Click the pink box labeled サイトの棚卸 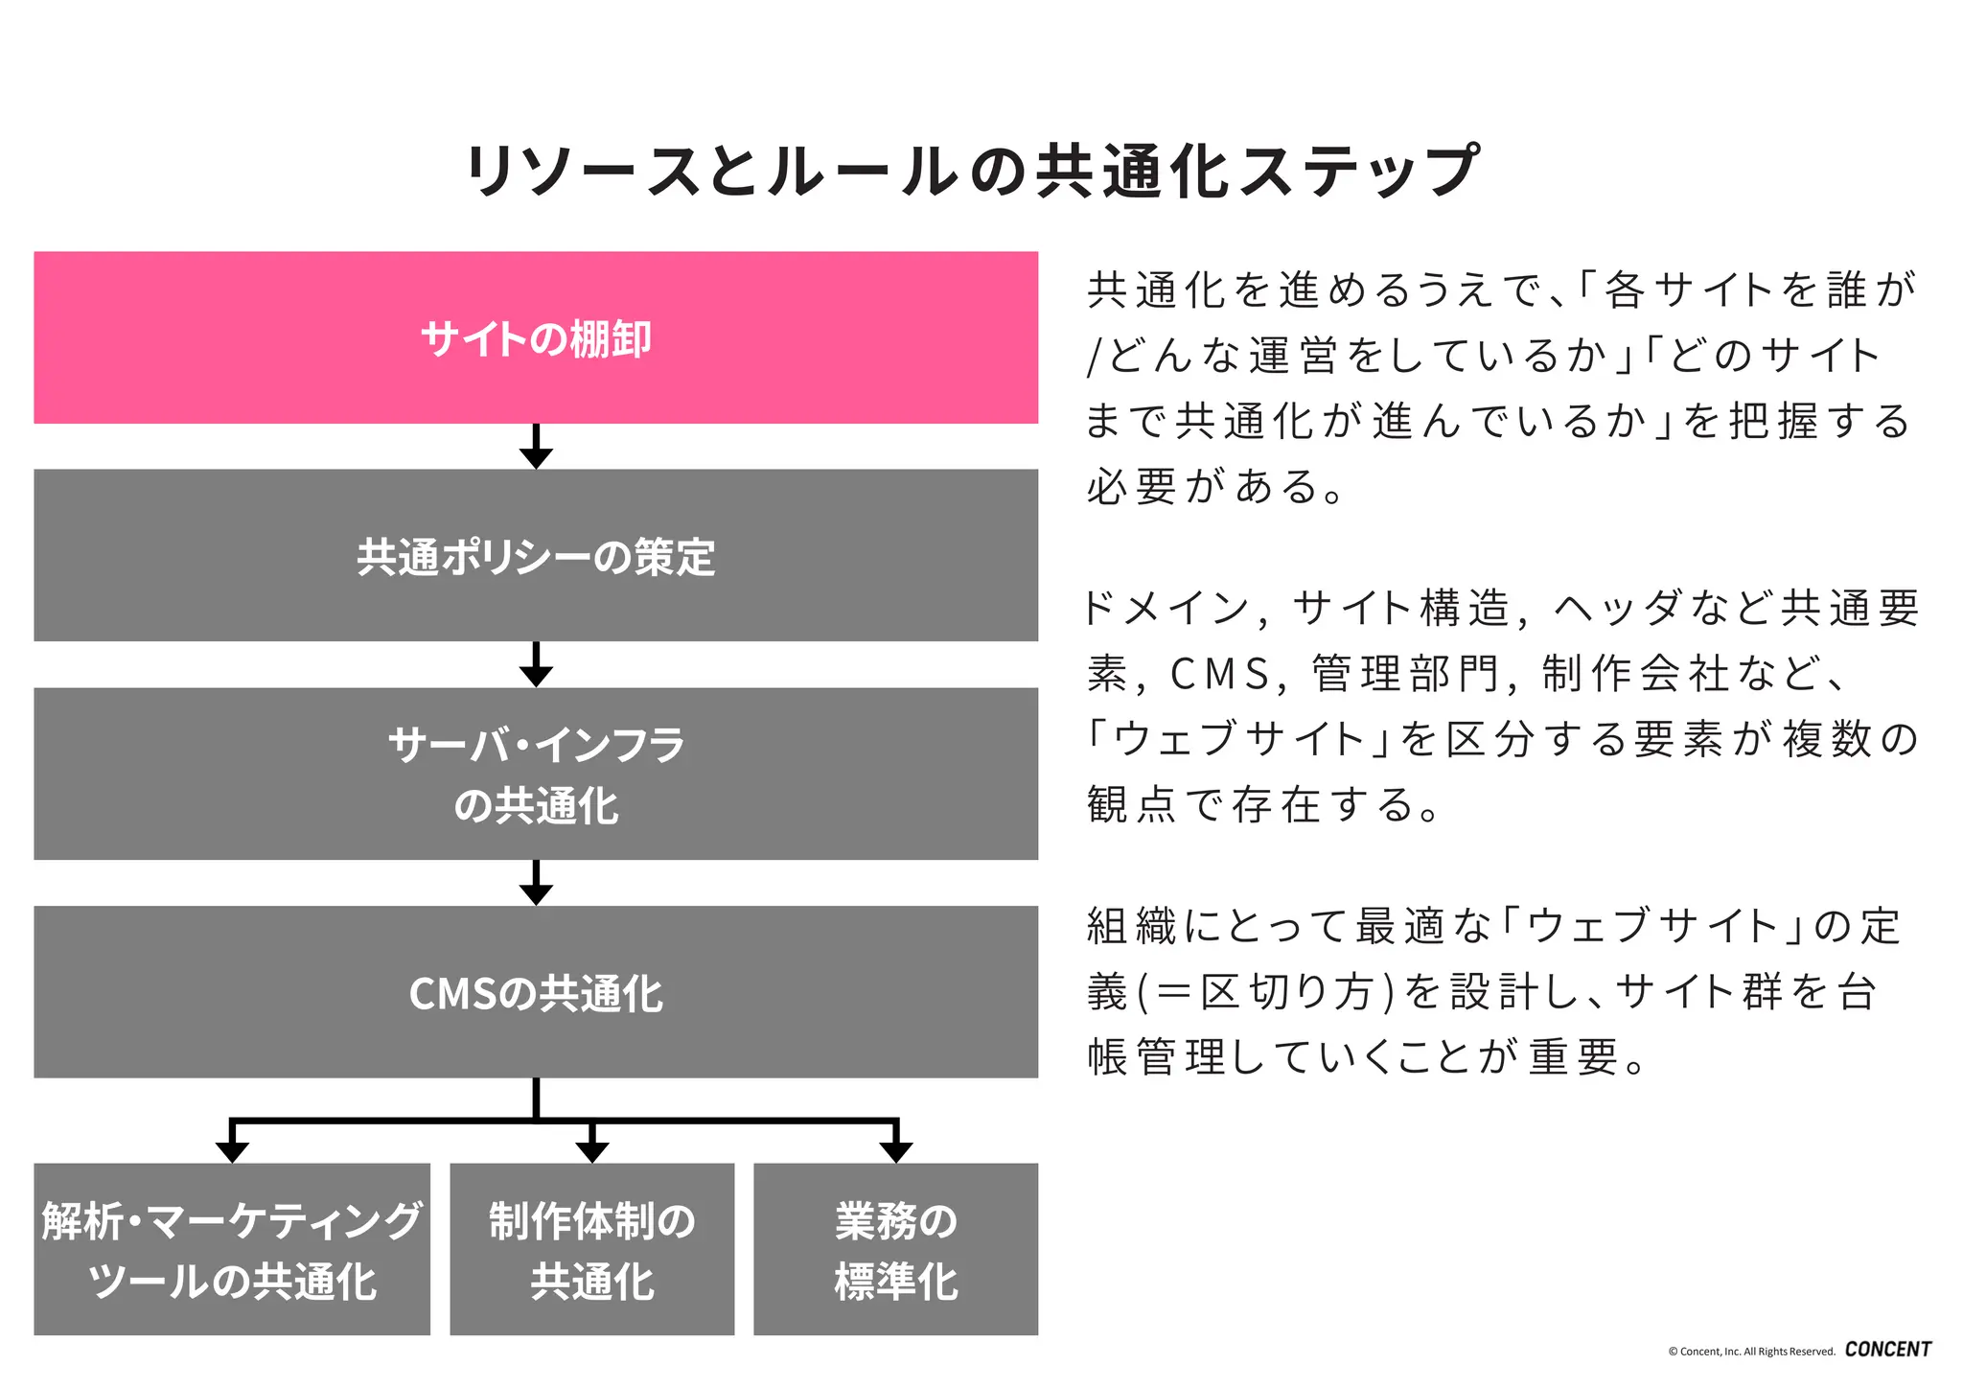536,337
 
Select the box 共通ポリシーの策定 536,555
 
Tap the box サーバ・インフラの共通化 536,774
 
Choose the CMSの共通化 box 536,992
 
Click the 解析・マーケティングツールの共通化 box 232,1249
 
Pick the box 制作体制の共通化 591,1249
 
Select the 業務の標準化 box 895,1249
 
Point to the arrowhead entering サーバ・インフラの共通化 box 536,675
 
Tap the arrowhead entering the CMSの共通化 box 536,893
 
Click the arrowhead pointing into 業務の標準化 895,1151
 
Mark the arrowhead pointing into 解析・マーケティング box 232,1151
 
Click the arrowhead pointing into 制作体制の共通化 591,1151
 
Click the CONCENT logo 1887,1349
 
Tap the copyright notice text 1750,1352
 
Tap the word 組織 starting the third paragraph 1130,927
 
